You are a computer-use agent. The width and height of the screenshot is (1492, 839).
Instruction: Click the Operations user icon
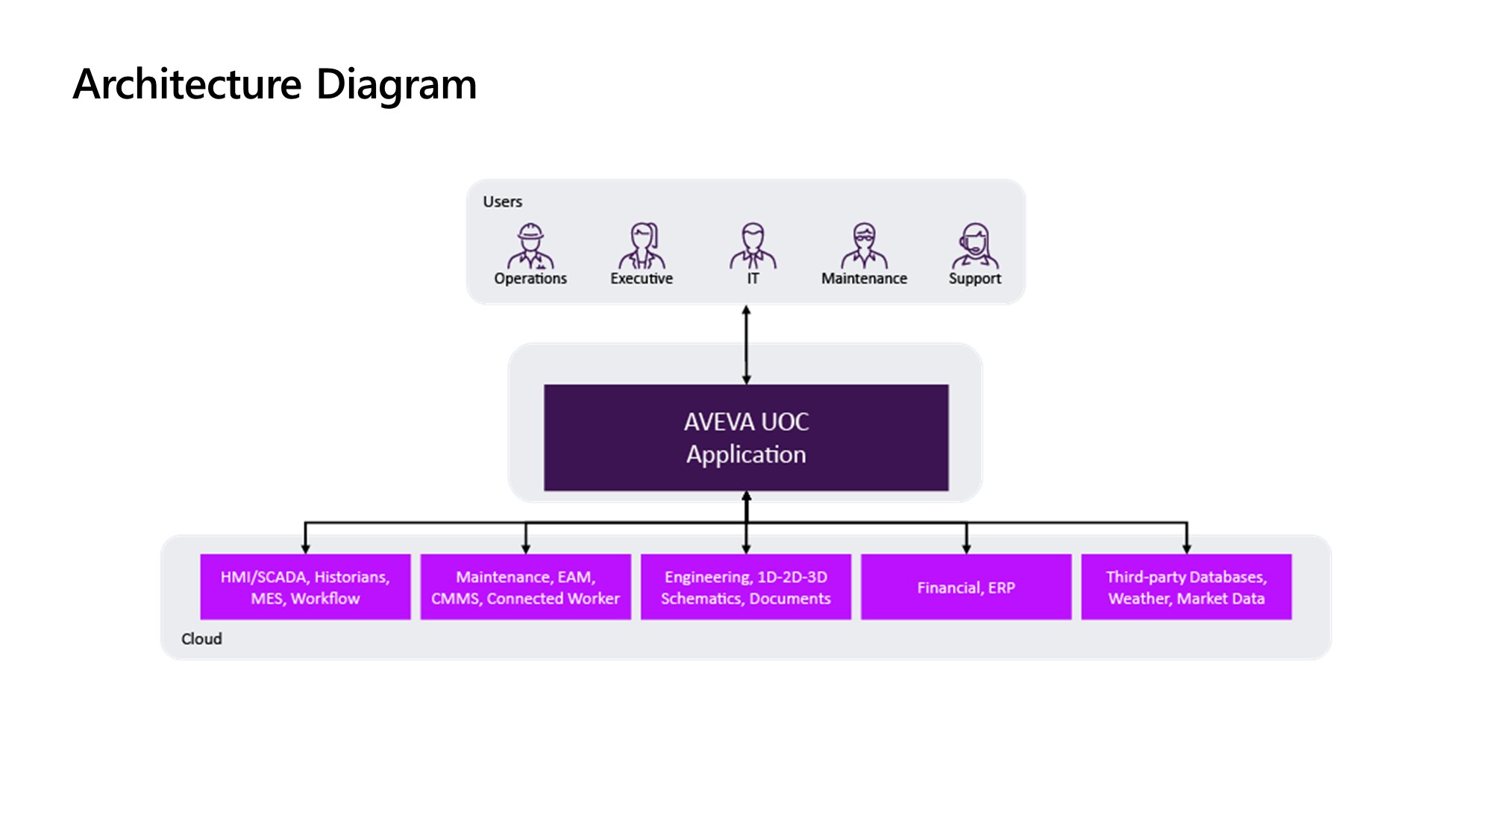pyautogui.click(x=530, y=246)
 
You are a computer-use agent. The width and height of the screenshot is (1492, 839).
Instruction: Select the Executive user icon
pyautogui.click(x=642, y=246)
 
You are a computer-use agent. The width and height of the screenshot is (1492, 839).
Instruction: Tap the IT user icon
pyautogui.click(x=753, y=246)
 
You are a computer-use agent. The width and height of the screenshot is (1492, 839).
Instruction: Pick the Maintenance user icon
pyautogui.click(x=864, y=246)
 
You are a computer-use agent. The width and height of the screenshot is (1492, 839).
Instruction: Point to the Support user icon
pyautogui.click(x=975, y=246)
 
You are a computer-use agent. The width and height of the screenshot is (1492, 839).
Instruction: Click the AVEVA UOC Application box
pyautogui.click(x=746, y=438)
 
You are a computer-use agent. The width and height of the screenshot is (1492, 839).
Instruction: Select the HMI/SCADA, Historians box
pyautogui.click(x=305, y=587)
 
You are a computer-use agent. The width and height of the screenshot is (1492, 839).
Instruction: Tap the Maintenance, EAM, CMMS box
pyautogui.click(x=525, y=587)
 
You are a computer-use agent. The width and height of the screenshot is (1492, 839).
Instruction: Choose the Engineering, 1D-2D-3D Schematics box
pyautogui.click(x=746, y=587)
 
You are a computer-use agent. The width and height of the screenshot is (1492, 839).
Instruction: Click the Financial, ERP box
pyautogui.click(x=966, y=587)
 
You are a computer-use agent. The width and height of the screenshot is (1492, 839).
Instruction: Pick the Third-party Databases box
pyautogui.click(x=1186, y=587)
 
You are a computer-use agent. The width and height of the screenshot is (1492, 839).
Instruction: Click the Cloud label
pyautogui.click(x=201, y=639)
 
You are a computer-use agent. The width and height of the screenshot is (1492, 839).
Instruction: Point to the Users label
pyautogui.click(x=502, y=202)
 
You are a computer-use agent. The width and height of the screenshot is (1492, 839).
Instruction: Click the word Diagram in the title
pyautogui.click(x=396, y=84)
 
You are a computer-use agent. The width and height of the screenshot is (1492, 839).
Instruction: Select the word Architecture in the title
pyautogui.click(x=187, y=84)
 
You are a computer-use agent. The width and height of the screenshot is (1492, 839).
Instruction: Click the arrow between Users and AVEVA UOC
pyautogui.click(x=746, y=345)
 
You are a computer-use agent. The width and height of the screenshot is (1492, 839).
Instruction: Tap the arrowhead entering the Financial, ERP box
pyautogui.click(x=966, y=549)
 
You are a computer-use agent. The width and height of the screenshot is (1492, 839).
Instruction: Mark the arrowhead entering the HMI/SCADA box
pyautogui.click(x=305, y=549)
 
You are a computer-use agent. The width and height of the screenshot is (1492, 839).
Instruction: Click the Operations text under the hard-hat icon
pyautogui.click(x=530, y=279)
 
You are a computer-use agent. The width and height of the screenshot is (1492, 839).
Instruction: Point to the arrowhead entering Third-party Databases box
pyautogui.click(x=1186, y=549)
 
